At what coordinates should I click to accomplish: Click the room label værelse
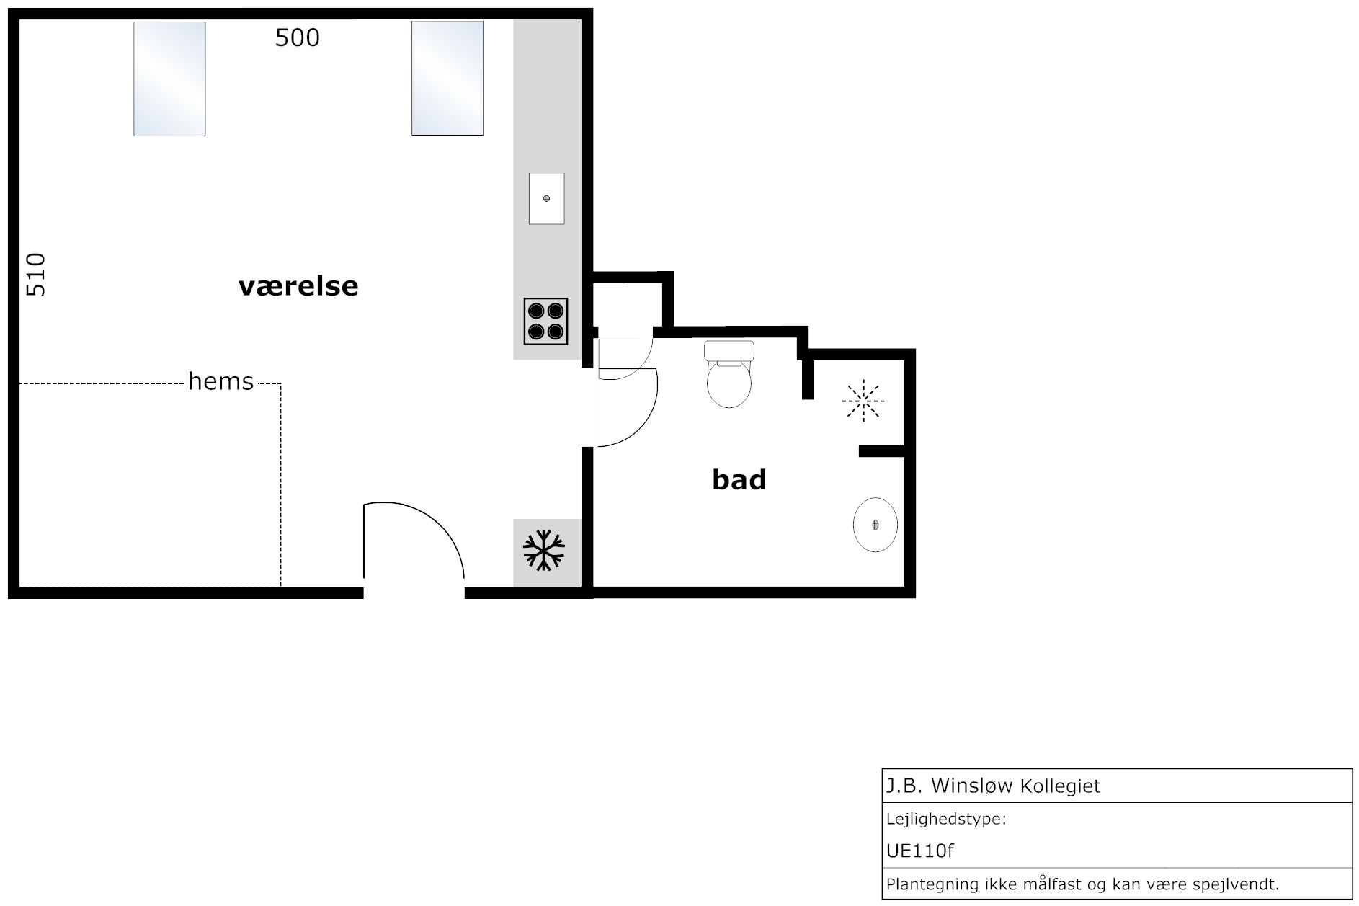click(x=298, y=286)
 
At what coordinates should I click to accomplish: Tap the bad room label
click(x=739, y=479)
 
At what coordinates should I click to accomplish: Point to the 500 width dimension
click(x=298, y=37)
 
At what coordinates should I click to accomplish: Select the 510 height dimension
click(x=35, y=275)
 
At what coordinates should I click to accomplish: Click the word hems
click(x=220, y=381)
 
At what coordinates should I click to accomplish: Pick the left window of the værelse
click(x=169, y=79)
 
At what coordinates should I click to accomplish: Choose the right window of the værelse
click(x=447, y=78)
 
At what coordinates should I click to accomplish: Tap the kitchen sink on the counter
click(x=546, y=198)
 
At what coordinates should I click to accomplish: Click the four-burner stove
click(x=545, y=321)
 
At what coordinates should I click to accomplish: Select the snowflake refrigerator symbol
click(x=544, y=551)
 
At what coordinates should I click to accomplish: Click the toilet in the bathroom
click(x=729, y=373)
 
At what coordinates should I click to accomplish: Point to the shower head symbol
click(x=863, y=401)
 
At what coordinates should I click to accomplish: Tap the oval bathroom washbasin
click(x=875, y=524)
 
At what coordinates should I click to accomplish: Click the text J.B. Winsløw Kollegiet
click(x=993, y=786)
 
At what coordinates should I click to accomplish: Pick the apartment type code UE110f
click(x=919, y=851)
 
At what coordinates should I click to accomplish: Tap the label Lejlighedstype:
click(x=946, y=820)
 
